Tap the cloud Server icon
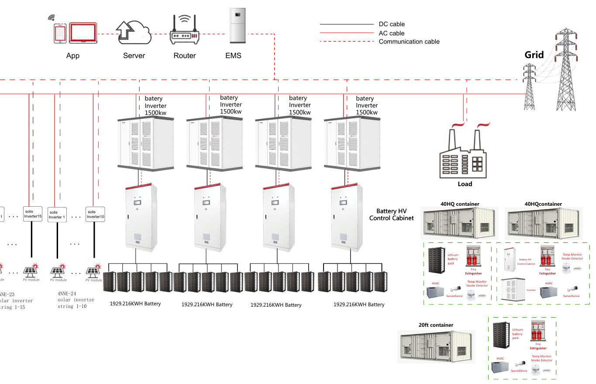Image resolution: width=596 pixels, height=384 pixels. [134, 31]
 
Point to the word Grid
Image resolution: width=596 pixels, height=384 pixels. [534, 55]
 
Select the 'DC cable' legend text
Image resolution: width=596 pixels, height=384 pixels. [392, 24]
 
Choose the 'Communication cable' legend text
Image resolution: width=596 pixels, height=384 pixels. [409, 42]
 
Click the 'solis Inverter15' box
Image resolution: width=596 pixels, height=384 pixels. [33, 214]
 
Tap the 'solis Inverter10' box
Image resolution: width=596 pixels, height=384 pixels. [96, 214]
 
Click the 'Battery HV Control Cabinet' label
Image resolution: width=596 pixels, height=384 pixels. [391, 214]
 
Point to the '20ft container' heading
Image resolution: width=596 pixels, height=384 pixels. [436, 325]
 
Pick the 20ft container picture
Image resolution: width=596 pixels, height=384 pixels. [436, 347]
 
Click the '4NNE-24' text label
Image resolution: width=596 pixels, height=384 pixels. [66, 294]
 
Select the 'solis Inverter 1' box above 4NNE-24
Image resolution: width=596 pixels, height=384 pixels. [57, 214]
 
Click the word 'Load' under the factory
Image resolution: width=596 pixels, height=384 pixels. [465, 184]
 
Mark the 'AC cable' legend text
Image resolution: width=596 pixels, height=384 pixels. [392, 33]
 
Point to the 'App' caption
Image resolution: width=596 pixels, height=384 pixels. [73, 56]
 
